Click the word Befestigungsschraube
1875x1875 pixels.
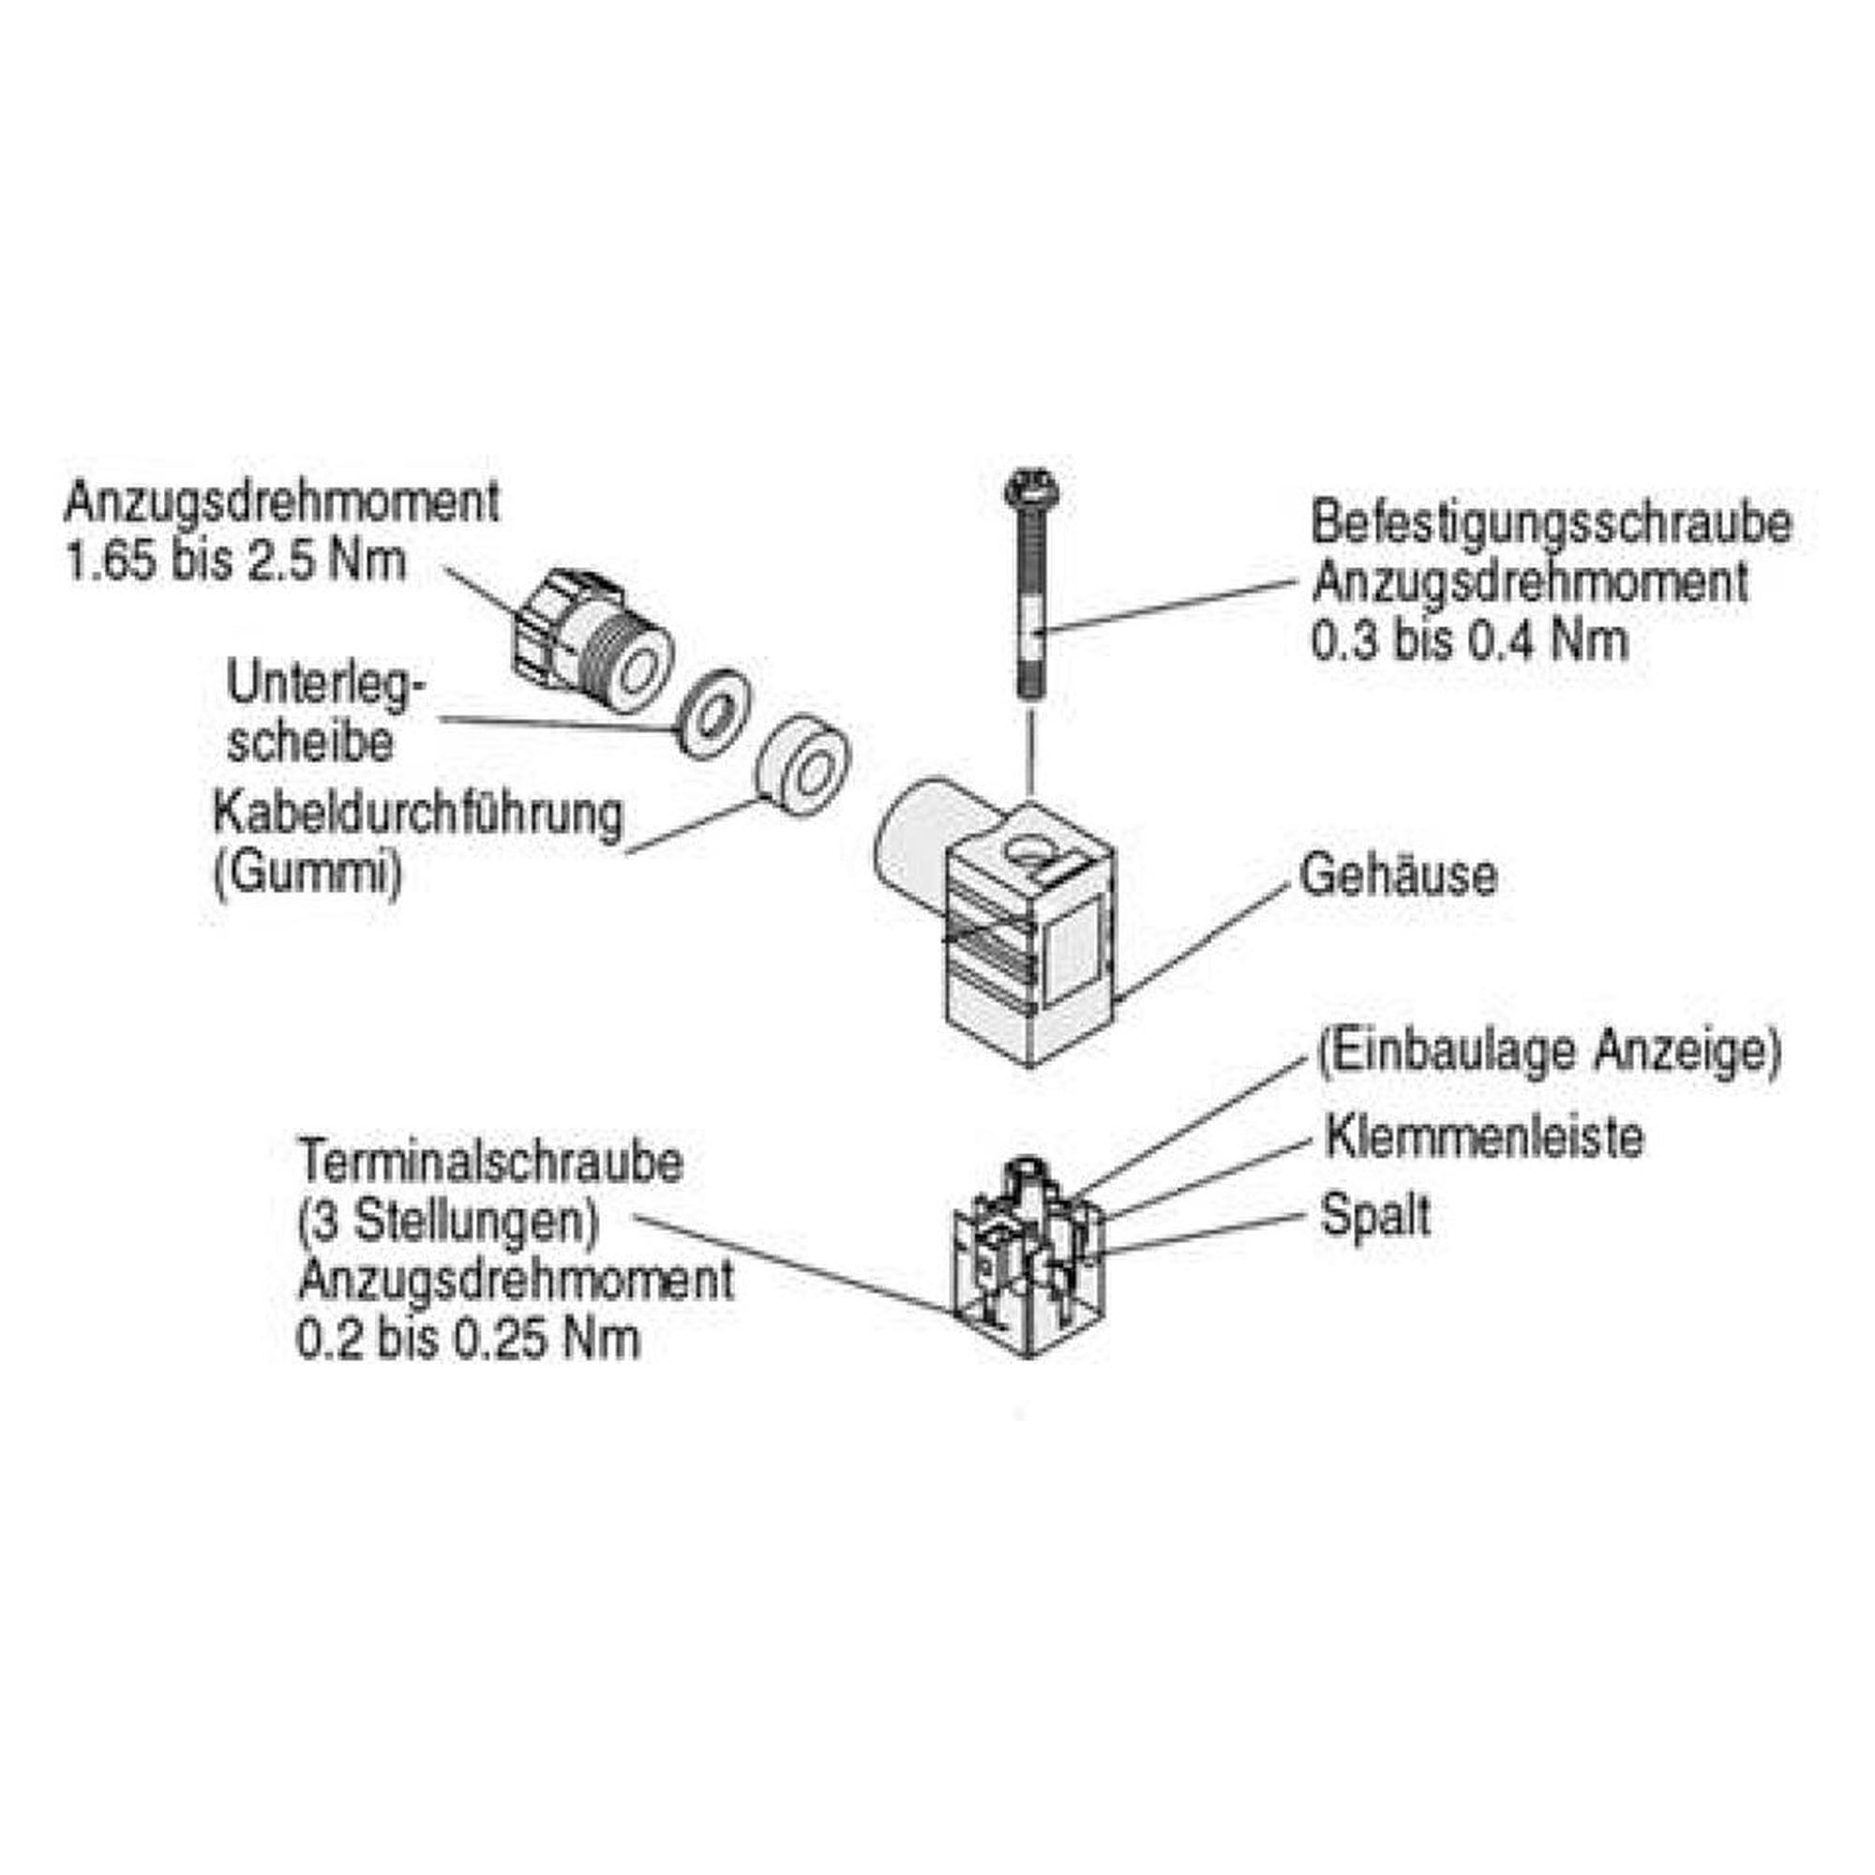coord(1551,524)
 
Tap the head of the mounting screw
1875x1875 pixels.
coord(1031,488)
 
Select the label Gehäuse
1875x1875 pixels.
coord(1399,876)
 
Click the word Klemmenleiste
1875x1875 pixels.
coord(1484,1136)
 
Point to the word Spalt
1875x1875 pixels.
coord(1375,1216)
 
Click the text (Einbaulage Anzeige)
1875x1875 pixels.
coord(1550,1052)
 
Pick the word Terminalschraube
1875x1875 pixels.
coord(490,1161)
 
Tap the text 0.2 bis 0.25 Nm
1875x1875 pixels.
coord(468,1339)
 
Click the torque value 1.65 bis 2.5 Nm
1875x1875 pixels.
coord(235,562)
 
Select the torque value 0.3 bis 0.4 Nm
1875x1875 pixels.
coord(1469,640)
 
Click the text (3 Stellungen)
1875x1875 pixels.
coord(447,1221)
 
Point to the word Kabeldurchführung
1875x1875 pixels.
coord(417,816)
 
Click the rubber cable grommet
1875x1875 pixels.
coord(803,766)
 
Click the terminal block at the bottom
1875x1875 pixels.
coord(1028,1257)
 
